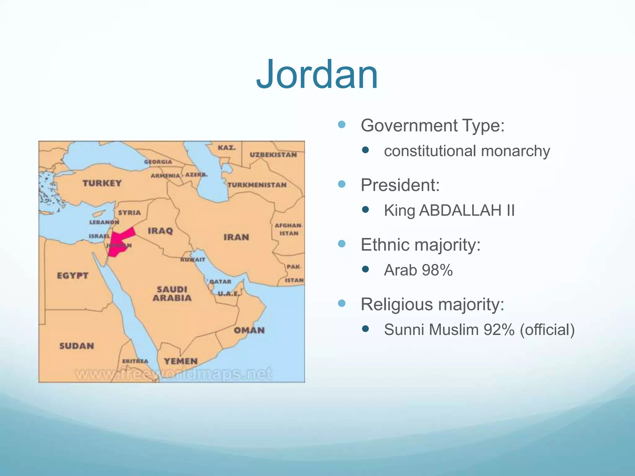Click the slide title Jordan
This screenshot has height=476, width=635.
pos(317,75)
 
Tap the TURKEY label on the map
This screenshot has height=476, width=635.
pos(102,183)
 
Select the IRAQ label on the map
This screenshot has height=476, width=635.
pos(160,231)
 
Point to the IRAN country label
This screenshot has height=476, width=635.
pos(236,237)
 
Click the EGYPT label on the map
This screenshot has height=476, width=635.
pos(73,275)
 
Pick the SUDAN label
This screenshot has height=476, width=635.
pos(77,346)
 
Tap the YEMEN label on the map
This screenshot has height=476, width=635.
pos(181,361)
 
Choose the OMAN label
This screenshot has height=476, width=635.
pos(249,330)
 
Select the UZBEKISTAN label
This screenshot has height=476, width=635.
pos(273,155)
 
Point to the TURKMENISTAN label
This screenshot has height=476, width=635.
pos(257,185)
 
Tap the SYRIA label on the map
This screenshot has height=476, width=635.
pos(129,213)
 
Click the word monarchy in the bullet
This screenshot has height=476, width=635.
pos(515,151)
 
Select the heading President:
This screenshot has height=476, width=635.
pos(400,185)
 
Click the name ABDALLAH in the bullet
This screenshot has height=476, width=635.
pos(460,210)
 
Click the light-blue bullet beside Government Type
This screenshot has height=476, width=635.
pos(342,125)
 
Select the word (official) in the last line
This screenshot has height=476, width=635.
pos(547,329)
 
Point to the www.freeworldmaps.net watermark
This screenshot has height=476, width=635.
pos(174,374)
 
